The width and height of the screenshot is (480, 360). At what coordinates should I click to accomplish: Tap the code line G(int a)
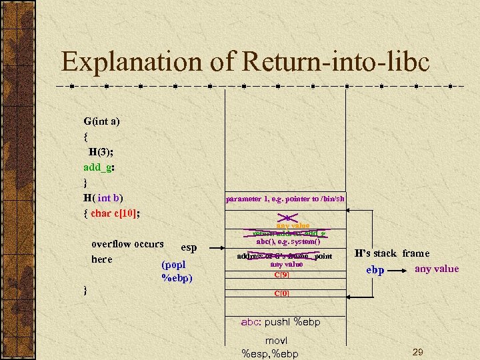pyautogui.click(x=101, y=121)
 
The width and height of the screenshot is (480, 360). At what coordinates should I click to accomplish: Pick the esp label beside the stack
pyautogui.click(x=189, y=248)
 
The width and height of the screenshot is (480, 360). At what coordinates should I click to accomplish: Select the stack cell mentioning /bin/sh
pyautogui.click(x=285, y=198)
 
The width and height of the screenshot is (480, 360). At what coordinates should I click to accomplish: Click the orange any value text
pyautogui.click(x=289, y=226)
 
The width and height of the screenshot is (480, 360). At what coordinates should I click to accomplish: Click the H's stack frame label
pyautogui.click(x=392, y=253)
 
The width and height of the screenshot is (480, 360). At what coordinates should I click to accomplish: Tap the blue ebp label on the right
pyautogui.click(x=375, y=271)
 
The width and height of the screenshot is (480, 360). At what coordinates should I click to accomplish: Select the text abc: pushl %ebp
pyautogui.click(x=281, y=322)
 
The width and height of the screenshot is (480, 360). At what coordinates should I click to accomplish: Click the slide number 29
pyautogui.click(x=418, y=351)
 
